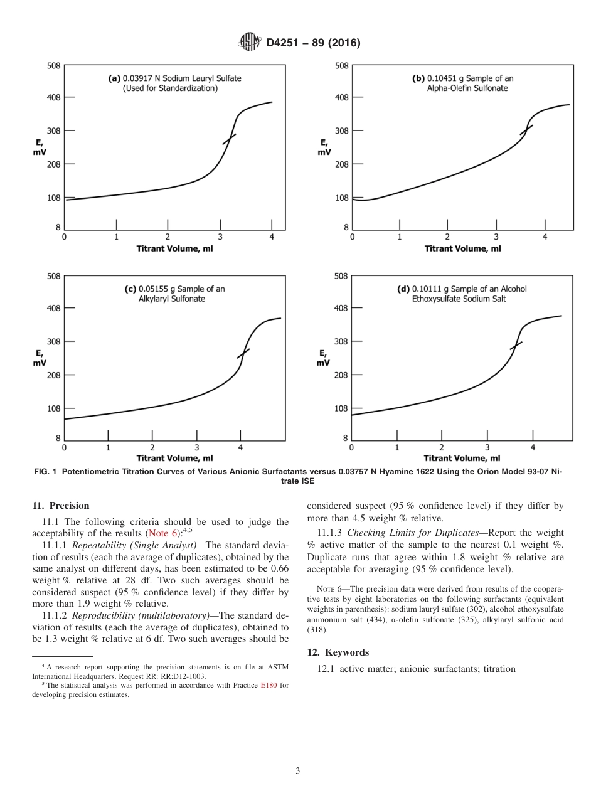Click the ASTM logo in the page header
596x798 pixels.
249,43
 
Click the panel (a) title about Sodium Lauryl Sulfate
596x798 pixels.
175,83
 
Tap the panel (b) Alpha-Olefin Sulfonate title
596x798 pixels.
463,83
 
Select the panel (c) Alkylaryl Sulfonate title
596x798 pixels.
174,294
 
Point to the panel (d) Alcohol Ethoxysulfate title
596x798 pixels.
462,294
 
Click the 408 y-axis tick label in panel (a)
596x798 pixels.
53,97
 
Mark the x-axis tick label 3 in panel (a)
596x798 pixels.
220,237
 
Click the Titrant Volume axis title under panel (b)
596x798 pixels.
462,248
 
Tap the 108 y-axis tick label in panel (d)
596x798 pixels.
341,408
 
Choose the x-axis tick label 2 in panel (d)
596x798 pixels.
442,447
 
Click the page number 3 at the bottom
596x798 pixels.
298,770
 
